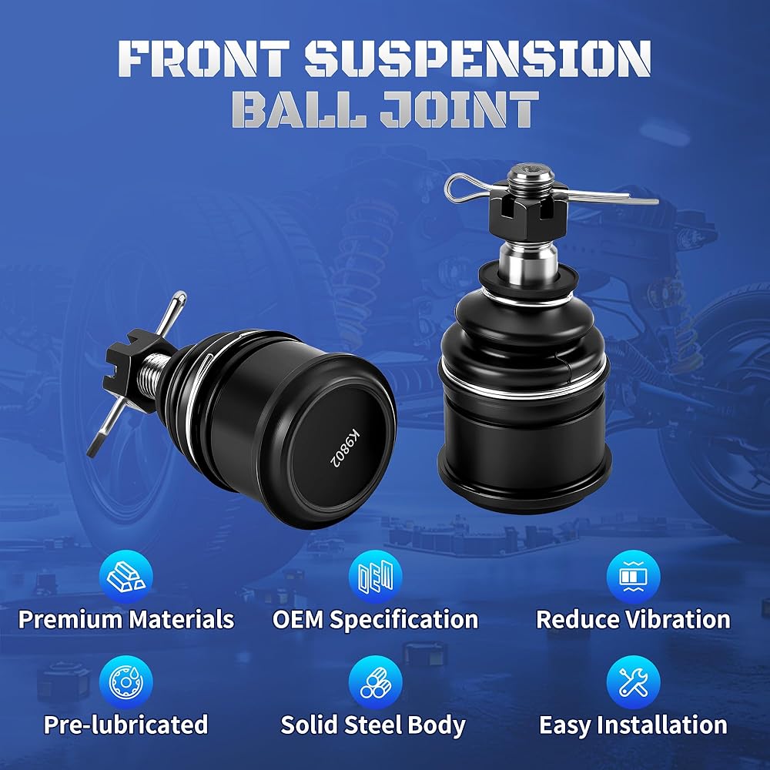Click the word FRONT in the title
click(x=203, y=58)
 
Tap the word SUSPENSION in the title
click(x=478, y=58)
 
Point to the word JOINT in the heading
click(x=459, y=109)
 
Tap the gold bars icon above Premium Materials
click(x=126, y=576)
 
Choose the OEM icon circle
click(x=376, y=576)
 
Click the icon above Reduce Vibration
click(x=634, y=576)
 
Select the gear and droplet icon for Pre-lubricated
click(x=126, y=682)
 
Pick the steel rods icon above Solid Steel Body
click(x=376, y=682)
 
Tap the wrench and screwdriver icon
click(x=634, y=682)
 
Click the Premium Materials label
click(x=126, y=619)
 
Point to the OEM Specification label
click(x=375, y=620)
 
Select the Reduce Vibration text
click(x=633, y=619)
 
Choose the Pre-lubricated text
click(x=126, y=725)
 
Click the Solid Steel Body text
click(x=373, y=725)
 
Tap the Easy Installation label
click(x=633, y=725)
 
